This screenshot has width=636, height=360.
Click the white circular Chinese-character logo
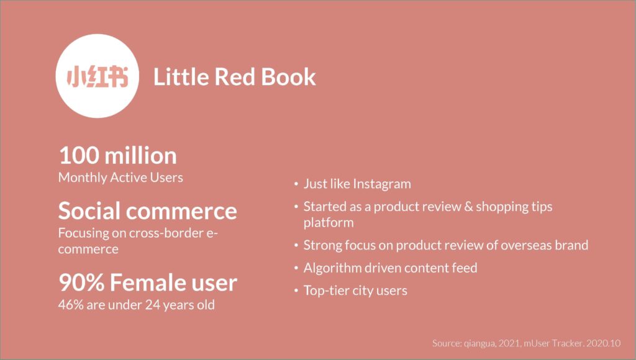97,76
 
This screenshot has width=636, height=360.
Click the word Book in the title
288,76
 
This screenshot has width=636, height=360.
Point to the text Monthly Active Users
120,178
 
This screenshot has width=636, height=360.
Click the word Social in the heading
91,211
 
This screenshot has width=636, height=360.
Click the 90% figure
81,282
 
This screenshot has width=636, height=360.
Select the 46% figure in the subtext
71,305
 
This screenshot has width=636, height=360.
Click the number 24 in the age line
153,305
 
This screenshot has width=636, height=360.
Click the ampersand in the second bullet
468,207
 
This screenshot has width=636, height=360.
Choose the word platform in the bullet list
329,223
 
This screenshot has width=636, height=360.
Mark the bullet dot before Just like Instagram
296,184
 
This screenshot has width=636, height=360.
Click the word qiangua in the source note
479,343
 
